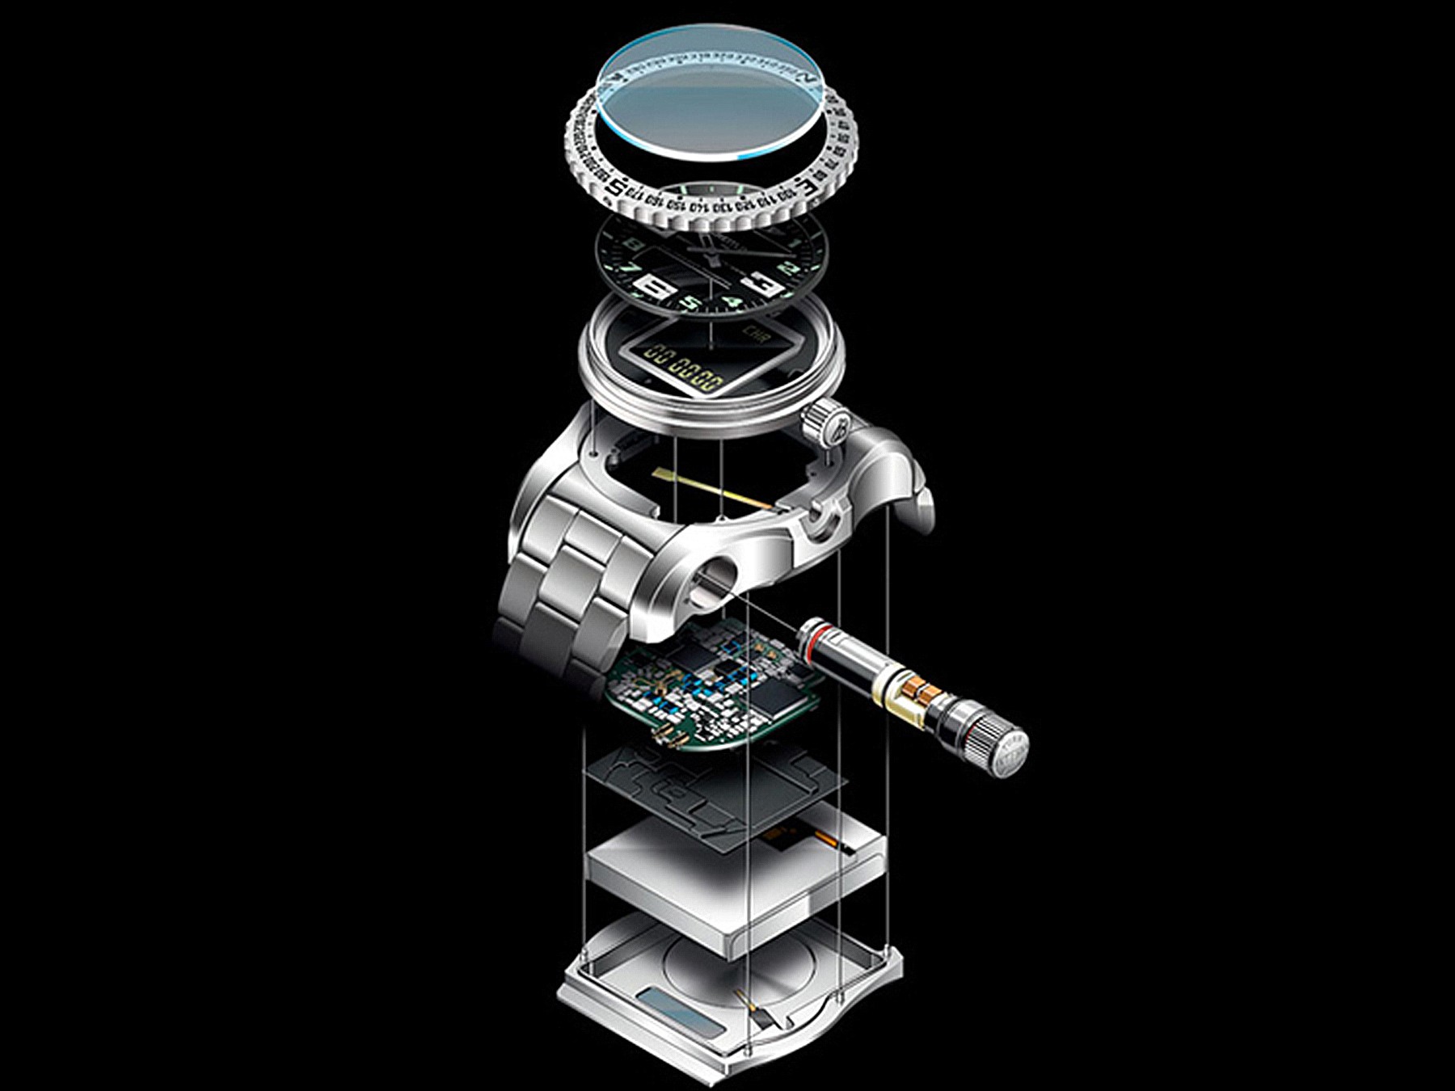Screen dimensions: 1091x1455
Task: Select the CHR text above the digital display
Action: pyautogui.click(x=753, y=333)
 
